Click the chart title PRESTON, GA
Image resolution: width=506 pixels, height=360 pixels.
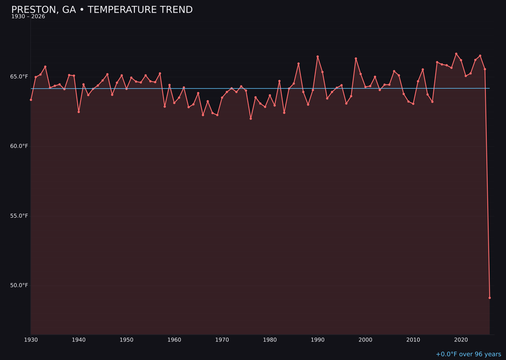point(102,10)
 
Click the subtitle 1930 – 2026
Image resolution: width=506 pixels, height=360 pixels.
point(28,17)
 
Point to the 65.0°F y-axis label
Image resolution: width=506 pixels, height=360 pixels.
point(19,76)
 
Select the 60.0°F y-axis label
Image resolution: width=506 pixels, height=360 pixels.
point(19,146)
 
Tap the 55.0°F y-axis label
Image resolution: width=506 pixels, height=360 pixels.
point(19,216)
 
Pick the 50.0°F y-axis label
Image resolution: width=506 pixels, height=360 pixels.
point(19,285)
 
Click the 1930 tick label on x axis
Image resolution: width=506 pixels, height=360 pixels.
point(31,340)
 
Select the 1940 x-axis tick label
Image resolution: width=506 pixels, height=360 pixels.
point(79,340)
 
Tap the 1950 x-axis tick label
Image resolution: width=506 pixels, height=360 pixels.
point(126,340)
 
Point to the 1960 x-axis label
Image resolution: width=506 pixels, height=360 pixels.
point(174,340)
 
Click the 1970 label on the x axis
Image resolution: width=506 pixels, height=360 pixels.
point(222,340)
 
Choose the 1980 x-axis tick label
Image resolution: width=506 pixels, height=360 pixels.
point(270,340)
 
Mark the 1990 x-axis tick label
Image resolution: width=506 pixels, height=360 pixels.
point(318,340)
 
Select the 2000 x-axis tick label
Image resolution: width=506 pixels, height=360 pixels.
point(365,340)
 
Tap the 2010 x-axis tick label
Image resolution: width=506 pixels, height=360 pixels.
point(413,340)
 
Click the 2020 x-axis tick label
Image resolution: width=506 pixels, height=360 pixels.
point(461,340)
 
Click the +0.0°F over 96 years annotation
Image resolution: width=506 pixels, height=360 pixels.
point(468,354)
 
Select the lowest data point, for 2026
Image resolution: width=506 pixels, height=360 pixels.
point(490,298)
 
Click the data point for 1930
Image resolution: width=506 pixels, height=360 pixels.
point(31,100)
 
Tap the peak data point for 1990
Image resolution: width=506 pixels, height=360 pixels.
point(318,57)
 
